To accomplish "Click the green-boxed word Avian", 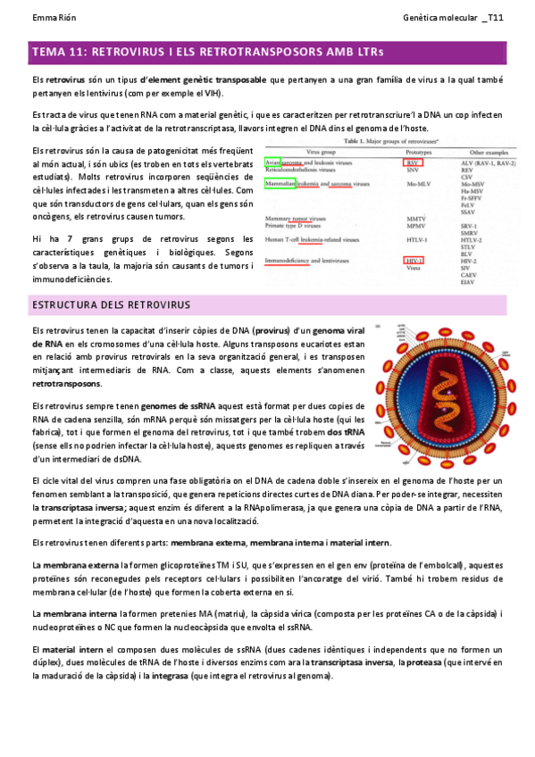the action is [274, 164].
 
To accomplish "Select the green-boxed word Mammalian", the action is [280, 184].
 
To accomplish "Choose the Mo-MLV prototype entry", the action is [415, 184].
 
